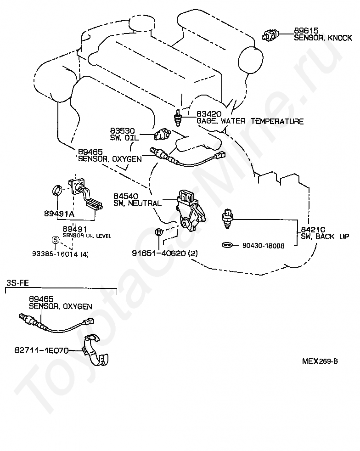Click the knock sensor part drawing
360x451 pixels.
(x=270, y=35)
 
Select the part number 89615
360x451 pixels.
(x=306, y=30)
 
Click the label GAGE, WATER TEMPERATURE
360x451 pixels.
(x=250, y=121)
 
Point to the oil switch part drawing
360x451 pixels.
(x=163, y=134)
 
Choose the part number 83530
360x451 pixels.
(x=122, y=131)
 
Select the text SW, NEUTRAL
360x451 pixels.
(x=137, y=203)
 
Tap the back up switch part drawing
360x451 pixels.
(x=227, y=219)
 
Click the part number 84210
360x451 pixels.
(x=313, y=230)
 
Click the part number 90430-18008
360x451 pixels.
(x=264, y=246)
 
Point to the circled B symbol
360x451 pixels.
(x=159, y=232)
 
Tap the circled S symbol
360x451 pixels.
(x=56, y=240)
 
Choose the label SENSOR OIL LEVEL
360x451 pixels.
(x=87, y=236)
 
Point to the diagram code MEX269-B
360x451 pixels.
(x=320, y=361)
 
